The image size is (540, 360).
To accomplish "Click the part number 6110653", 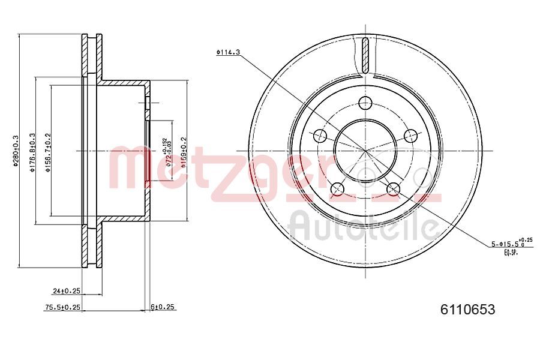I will pos(467,310).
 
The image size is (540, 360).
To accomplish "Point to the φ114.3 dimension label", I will pos(228,52).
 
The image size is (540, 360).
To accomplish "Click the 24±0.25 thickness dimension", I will pos(67,291).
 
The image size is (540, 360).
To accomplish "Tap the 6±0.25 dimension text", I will pos(162,307).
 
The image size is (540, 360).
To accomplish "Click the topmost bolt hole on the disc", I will pos(365,103).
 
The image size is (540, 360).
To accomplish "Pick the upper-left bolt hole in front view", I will pos(320,135).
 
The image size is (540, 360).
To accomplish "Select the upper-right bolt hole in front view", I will pos(410,135).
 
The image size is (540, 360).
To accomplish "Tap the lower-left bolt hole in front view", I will pos(337,188).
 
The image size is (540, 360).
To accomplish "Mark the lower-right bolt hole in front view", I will pos(393,188).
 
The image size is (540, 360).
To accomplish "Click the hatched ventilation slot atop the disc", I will pos(365,55).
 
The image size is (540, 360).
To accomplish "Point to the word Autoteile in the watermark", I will pos(363,226).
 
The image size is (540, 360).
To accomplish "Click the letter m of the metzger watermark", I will pos(129,169).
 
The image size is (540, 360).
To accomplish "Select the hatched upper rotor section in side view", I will pos(92,55).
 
